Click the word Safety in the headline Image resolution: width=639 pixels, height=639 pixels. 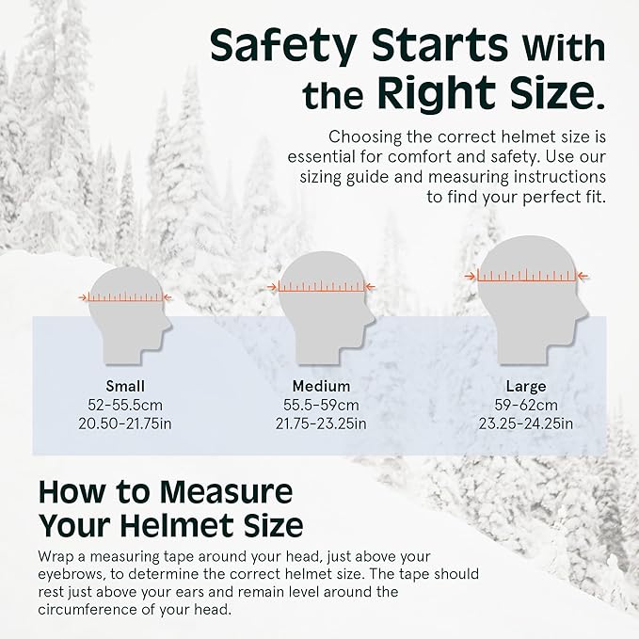[283, 46]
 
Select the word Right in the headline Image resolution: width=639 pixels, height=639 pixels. [437, 94]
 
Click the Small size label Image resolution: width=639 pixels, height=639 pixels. [125, 386]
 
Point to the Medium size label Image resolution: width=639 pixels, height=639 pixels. [321, 386]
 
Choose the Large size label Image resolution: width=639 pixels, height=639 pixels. [526, 387]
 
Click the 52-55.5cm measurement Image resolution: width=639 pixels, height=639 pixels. [125, 405]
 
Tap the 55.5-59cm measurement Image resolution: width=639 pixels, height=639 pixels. [321, 405]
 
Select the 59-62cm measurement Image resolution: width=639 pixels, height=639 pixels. [526, 405]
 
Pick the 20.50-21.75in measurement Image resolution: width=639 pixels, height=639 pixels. [125, 423]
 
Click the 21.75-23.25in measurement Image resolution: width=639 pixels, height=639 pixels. [321, 423]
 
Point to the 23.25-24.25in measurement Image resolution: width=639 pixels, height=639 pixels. [526, 423]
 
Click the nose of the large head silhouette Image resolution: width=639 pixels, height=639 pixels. [585, 313]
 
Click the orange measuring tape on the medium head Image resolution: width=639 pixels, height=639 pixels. [321, 288]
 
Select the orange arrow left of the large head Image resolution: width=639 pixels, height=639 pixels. [471, 277]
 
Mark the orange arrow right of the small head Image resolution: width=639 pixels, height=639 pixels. [168, 297]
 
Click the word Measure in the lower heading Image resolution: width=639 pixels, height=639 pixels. [226, 492]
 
